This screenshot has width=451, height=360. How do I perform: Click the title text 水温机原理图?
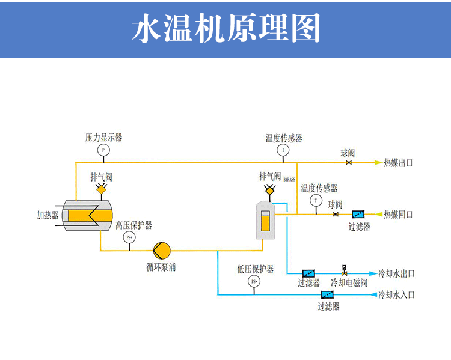(x=226, y=28)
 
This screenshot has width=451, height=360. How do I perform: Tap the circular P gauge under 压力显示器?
(x=103, y=150)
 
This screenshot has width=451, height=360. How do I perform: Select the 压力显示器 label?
(x=103, y=138)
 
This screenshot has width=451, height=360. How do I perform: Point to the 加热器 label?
(x=48, y=215)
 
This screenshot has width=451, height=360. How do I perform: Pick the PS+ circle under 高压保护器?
(x=129, y=237)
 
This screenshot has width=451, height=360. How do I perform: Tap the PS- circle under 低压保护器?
(x=254, y=281)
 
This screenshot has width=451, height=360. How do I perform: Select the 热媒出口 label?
(x=398, y=163)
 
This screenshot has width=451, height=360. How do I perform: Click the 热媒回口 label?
(x=398, y=215)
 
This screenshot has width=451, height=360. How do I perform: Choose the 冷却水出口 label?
(x=396, y=274)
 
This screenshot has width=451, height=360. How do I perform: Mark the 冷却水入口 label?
(x=396, y=295)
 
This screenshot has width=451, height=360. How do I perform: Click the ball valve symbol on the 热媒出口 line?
(x=348, y=163)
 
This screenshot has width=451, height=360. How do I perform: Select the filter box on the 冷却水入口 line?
(x=328, y=295)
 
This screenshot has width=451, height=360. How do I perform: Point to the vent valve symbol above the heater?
(x=101, y=190)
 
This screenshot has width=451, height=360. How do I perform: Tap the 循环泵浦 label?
(x=161, y=267)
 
